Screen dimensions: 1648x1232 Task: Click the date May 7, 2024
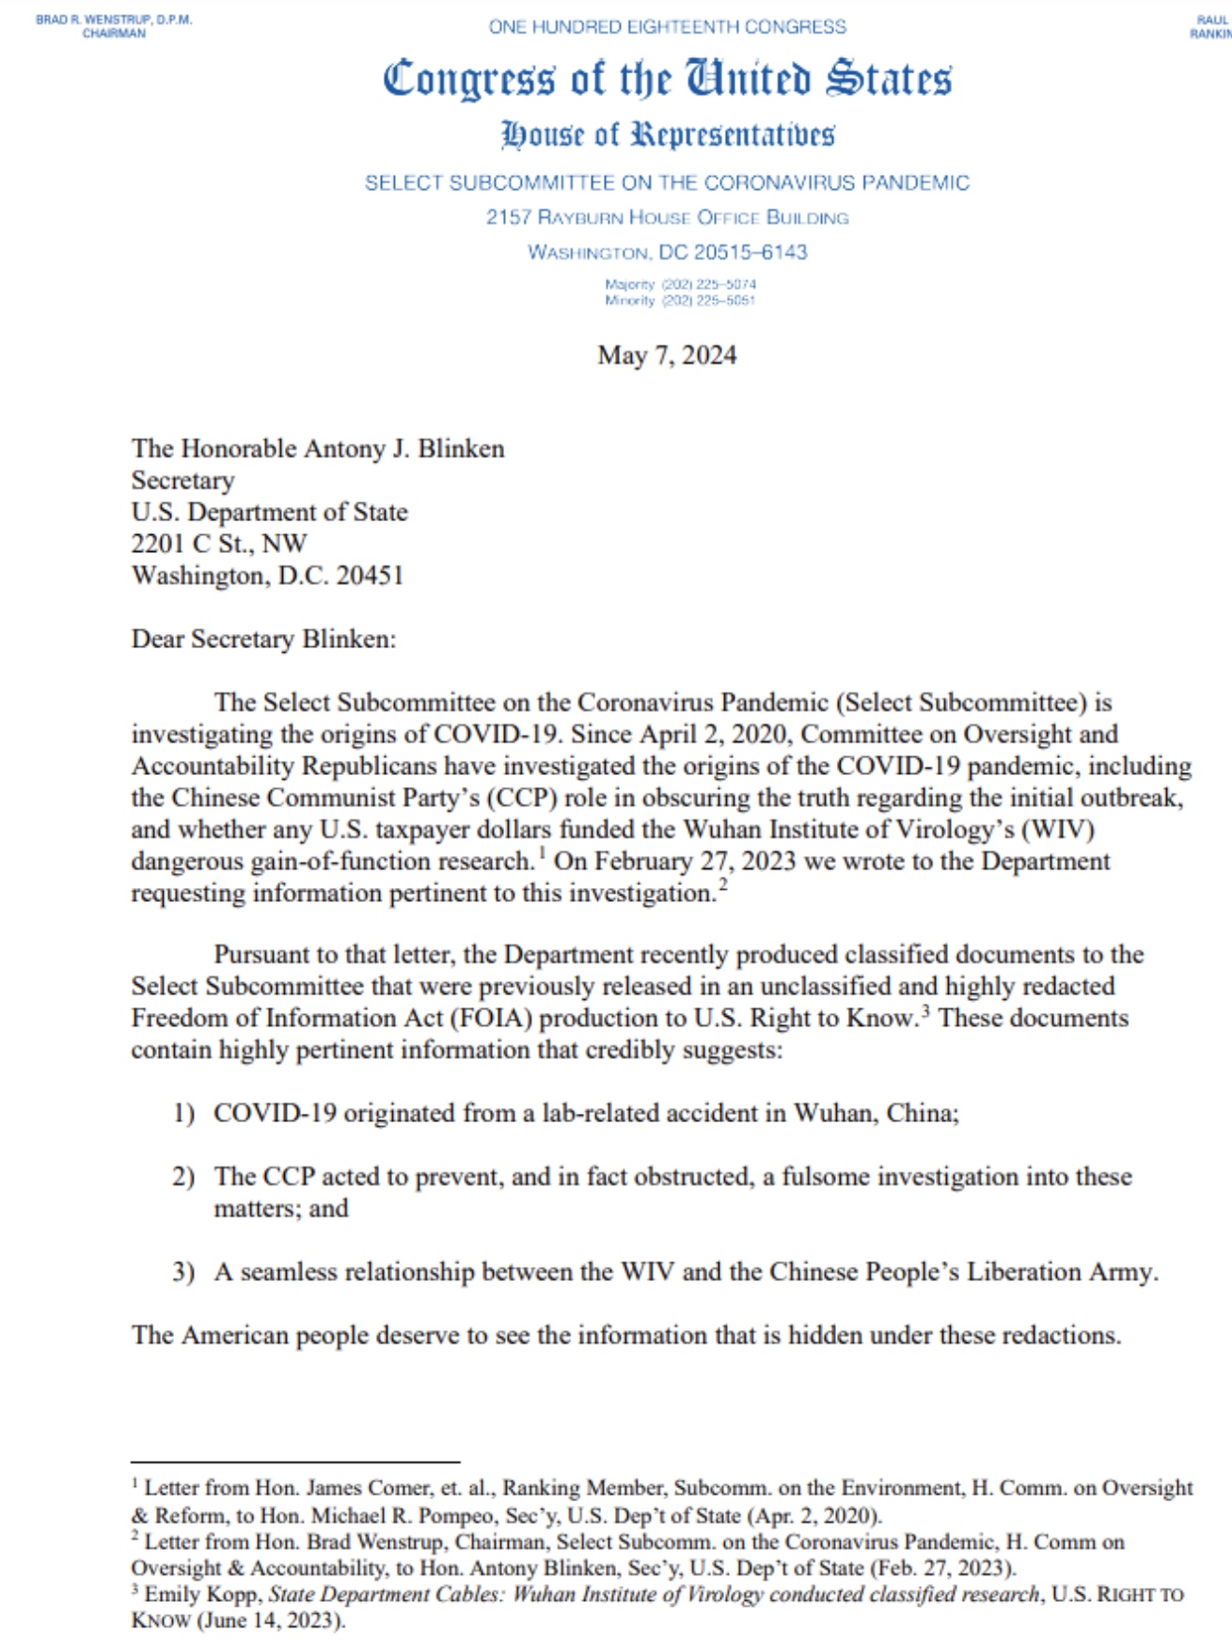coord(667,356)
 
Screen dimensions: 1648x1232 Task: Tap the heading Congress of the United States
coord(667,79)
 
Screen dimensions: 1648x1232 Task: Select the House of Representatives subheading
coord(667,135)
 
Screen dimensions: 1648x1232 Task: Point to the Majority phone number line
coord(680,284)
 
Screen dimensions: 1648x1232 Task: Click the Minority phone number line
coord(680,300)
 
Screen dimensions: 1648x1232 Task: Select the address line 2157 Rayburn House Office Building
coord(667,217)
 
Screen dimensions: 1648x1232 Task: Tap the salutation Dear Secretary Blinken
coord(263,640)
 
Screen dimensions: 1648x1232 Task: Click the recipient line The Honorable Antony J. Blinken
coord(318,449)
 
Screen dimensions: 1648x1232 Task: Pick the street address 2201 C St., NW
coord(219,544)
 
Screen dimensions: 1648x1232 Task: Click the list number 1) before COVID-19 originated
coord(183,1114)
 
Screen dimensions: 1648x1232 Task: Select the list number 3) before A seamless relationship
coord(183,1273)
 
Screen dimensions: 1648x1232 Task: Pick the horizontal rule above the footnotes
coord(295,1463)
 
